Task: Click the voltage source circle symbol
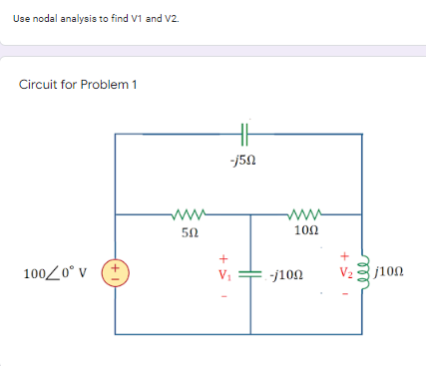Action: (x=116, y=272)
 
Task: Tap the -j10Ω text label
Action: (x=288, y=272)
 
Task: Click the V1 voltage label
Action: (x=224, y=272)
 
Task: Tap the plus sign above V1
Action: (x=223, y=254)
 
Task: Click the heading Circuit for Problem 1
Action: (x=78, y=83)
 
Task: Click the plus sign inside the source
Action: (x=116, y=266)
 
